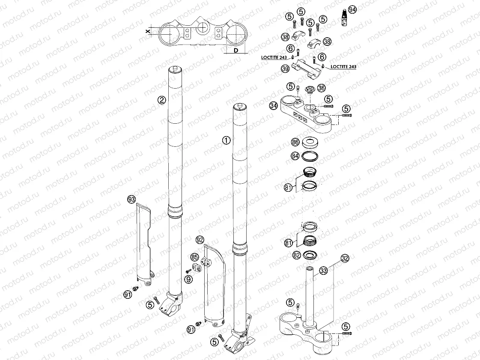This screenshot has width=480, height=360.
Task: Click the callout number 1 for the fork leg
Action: pyautogui.click(x=227, y=140)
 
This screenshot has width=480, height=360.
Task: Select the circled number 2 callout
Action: pyautogui.click(x=161, y=100)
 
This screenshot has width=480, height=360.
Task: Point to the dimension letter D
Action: pyautogui.click(x=236, y=51)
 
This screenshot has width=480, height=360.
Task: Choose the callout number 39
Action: pyautogui.click(x=285, y=68)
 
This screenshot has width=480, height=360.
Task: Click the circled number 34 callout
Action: pyautogui.click(x=273, y=106)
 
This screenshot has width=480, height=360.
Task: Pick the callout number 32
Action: pyautogui.click(x=345, y=258)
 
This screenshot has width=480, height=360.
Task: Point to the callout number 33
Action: pyautogui.click(x=324, y=271)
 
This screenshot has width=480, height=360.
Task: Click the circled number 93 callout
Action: pyautogui.click(x=131, y=199)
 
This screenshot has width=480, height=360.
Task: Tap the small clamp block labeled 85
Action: pyautogui.click(x=198, y=268)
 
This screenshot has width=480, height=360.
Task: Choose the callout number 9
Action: pyautogui.click(x=188, y=280)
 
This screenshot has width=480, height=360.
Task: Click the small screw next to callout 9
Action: pyautogui.click(x=188, y=271)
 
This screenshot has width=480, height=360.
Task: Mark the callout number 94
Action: pyautogui.click(x=352, y=9)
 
